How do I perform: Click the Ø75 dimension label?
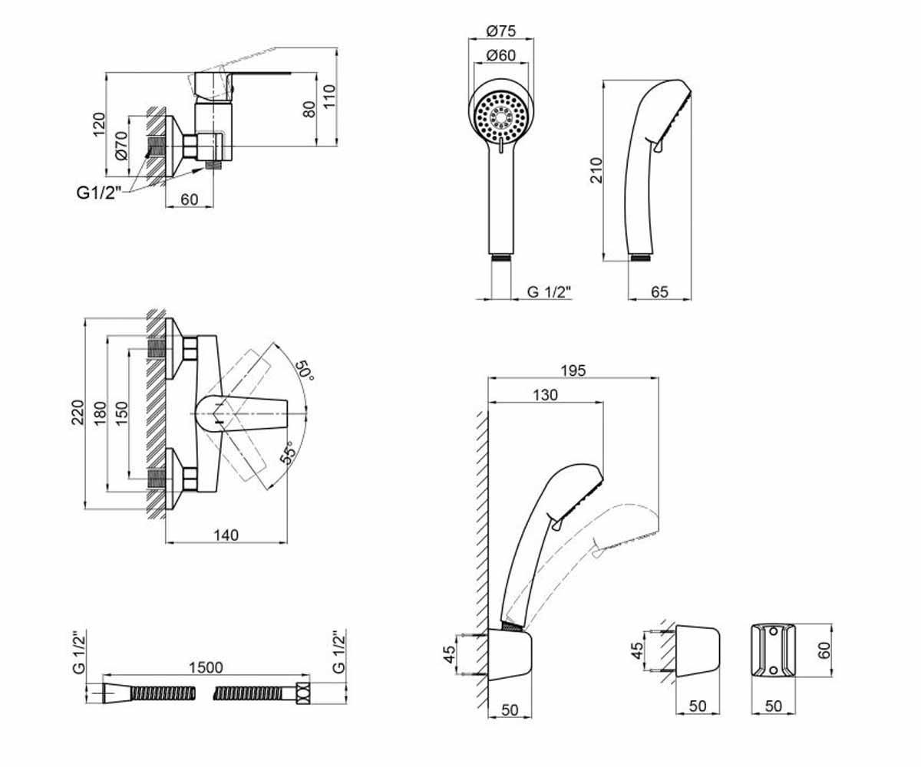[500, 31]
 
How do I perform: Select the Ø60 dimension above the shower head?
[500, 55]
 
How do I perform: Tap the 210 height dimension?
[596, 170]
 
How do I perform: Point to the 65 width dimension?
[659, 291]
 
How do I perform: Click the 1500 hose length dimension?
[206, 668]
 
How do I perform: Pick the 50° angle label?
[305, 371]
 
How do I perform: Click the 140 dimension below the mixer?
[226, 535]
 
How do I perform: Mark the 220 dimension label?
[78, 412]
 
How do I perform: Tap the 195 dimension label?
[573, 370]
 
